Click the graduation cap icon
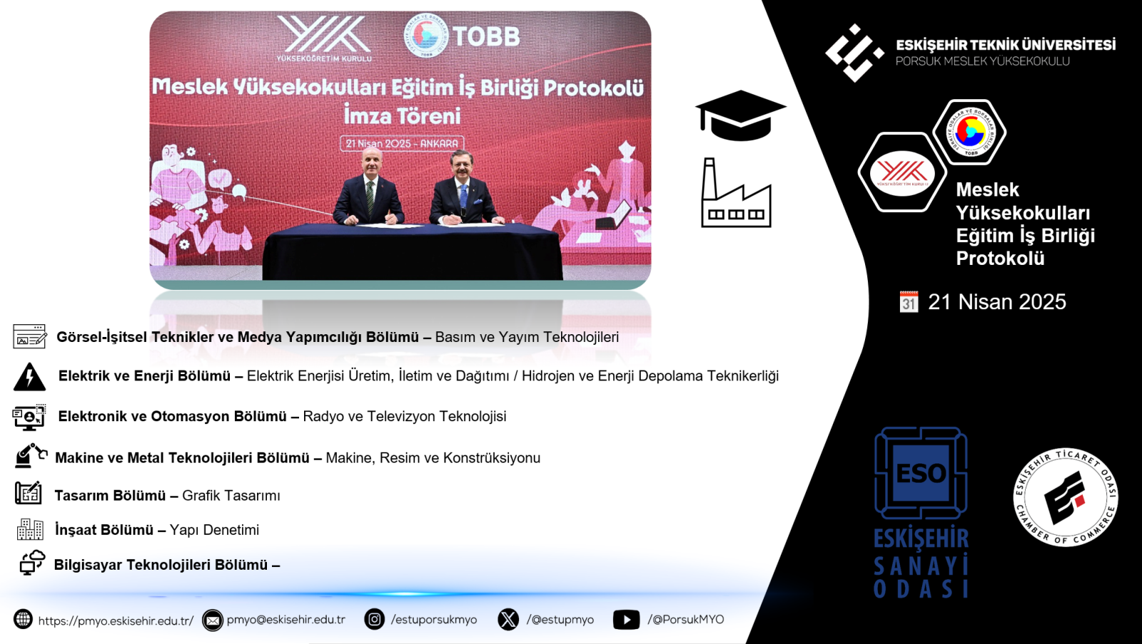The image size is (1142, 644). [740, 115]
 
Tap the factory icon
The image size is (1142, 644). [736, 193]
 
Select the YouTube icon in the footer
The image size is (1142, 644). [626, 620]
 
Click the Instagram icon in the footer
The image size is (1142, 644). [374, 619]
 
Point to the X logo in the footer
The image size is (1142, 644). [508, 620]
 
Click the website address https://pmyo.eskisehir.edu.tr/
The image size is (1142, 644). [116, 620]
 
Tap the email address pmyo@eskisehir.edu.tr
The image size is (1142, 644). [286, 620]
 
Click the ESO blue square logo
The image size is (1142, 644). [921, 473]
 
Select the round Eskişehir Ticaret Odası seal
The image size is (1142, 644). [1066, 497]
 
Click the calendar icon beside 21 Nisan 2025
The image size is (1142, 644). [909, 302]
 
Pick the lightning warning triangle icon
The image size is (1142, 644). [29, 377]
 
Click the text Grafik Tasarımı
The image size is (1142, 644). [231, 495]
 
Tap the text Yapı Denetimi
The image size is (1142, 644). [214, 530]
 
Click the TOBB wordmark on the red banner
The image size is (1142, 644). [486, 36]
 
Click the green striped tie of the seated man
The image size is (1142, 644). [370, 196]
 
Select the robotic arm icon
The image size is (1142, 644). [31, 456]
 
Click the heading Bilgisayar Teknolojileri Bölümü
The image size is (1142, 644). [161, 565]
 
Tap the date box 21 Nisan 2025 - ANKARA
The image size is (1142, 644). [402, 144]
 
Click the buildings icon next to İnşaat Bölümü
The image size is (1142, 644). [30, 529]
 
